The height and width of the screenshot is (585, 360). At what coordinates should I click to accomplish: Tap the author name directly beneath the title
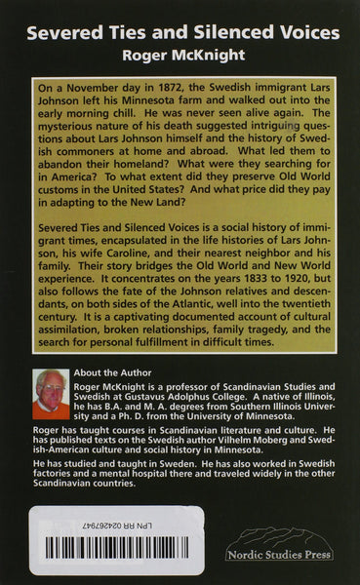(x=180, y=56)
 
